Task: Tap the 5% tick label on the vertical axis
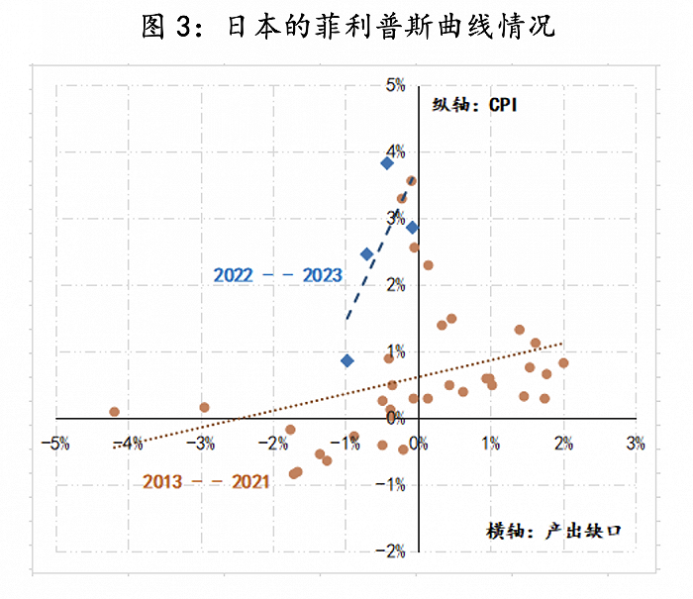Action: [x=396, y=85]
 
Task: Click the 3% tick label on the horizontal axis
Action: [x=636, y=443]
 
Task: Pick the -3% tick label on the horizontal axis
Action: [x=202, y=443]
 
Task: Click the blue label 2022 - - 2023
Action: [x=277, y=275]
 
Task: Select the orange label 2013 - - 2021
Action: [x=206, y=482]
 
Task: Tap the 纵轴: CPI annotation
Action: [x=474, y=106]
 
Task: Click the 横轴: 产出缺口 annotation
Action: [x=554, y=531]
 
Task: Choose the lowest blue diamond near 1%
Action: [x=346, y=360]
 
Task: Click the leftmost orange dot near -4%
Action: [x=114, y=412]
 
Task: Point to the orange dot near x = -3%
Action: [x=204, y=407]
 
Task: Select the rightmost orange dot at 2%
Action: [x=563, y=363]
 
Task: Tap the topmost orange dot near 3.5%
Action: [x=411, y=181]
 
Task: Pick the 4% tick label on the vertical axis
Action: [x=396, y=151]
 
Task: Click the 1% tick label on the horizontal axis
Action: [x=490, y=443]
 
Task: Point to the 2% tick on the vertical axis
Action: [x=396, y=285]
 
